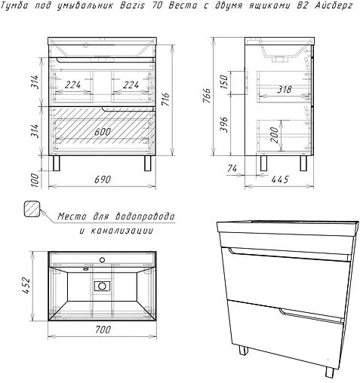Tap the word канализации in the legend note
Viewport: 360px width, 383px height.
pos(129,230)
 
